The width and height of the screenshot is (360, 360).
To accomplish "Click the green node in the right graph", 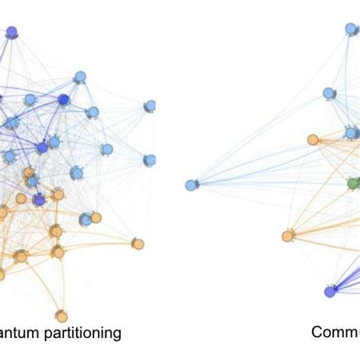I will click(x=353, y=184).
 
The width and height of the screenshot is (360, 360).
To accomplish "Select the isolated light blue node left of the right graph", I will click(x=191, y=185).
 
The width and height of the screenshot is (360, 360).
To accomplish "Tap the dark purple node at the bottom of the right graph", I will click(x=330, y=292).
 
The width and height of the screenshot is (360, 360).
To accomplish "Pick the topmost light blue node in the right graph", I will click(x=352, y=29).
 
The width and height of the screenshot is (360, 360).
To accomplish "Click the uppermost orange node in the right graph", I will click(x=313, y=140).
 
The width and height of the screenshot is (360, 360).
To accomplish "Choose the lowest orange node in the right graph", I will click(x=288, y=236).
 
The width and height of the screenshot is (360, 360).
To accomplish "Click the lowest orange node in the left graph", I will click(x=62, y=316).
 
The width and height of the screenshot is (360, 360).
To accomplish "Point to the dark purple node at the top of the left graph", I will click(x=11, y=32).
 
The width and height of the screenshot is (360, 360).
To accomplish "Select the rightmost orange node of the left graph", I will click(x=137, y=244).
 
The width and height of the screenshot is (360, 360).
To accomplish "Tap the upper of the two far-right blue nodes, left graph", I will click(x=150, y=106).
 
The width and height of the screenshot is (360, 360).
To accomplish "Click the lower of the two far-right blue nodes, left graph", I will click(x=150, y=160).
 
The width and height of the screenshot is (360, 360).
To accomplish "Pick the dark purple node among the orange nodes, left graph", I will click(x=39, y=200).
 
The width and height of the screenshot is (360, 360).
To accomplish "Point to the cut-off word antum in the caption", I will click(x=22, y=333).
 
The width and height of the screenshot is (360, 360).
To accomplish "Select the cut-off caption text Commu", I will click(x=335, y=333).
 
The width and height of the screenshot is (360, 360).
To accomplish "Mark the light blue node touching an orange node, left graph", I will click(x=86, y=220).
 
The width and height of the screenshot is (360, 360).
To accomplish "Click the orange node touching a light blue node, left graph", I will click(x=96, y=218).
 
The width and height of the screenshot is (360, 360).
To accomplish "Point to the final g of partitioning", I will click(x=115, y=335).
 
